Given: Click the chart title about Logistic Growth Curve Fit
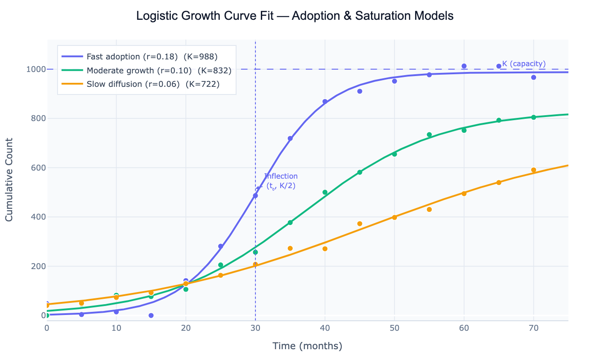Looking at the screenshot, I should pos(295,16).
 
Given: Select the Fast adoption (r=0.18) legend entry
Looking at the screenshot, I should pos(152,57).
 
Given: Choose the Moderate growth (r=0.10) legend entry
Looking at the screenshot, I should pos(159,71).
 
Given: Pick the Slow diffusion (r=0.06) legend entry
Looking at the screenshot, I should pos(153,84).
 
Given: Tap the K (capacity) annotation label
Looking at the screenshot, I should pos(524,64).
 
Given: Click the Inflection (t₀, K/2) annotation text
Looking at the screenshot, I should pos(281,181).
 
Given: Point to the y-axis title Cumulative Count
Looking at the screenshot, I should pos(9,180).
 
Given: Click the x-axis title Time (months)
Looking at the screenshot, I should pos(307,346).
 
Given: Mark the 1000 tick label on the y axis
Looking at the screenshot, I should pos(36,69).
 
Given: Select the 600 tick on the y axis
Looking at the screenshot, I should pos(38,168).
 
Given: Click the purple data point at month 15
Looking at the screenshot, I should pos(151,315).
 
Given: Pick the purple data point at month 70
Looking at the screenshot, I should pos(533,77).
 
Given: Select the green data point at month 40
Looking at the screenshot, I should pos(325,192).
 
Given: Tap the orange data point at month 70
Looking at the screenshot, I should pos(533,170).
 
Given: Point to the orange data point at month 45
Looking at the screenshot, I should pos(360,224).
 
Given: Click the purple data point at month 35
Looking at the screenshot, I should pos(290,139).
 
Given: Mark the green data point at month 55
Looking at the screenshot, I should pos(429,135).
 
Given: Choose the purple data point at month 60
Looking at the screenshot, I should pos(464,66).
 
